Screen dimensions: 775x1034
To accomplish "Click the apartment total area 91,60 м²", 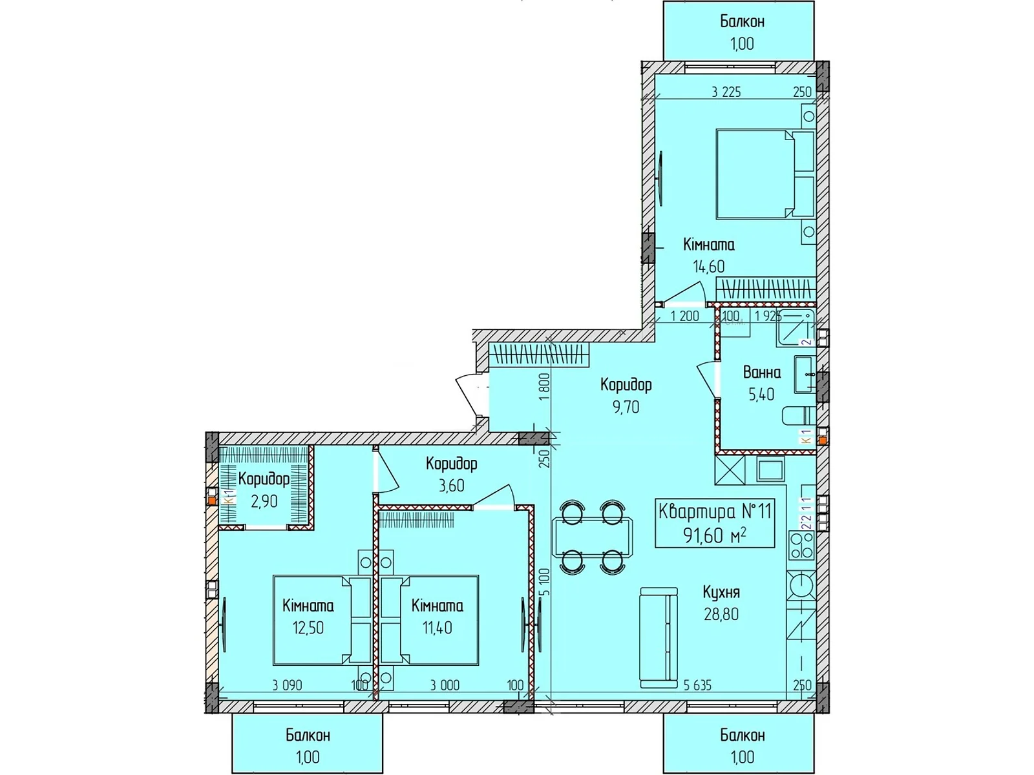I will [x=715, y=535].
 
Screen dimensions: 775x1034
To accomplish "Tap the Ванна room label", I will [x=761, y=373].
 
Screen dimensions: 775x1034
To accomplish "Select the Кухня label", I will [x=721, y=592].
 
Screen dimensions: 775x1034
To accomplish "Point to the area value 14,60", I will [x=708, y=266].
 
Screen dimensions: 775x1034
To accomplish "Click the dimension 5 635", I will [x=697, y=686].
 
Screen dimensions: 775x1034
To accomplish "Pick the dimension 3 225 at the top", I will [x=726, y=92].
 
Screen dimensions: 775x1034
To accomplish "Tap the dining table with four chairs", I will [x=592, y=535].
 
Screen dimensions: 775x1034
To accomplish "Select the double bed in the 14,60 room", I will [x=765, y=174].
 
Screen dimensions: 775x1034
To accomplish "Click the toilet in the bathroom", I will [x=797, y=415].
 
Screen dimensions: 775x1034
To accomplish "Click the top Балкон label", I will [x=742, y=22].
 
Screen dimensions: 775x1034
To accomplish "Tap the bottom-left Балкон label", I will [x=308, y=735].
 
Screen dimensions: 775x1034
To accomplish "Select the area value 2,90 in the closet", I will [x=264, y=501].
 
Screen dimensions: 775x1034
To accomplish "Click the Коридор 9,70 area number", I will [x=626, y=407].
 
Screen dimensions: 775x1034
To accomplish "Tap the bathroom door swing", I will [x=707, y=378].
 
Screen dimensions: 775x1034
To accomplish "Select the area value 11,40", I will [x=437, y=627].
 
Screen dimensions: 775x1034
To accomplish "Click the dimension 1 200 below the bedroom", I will [x=684, y=316].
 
